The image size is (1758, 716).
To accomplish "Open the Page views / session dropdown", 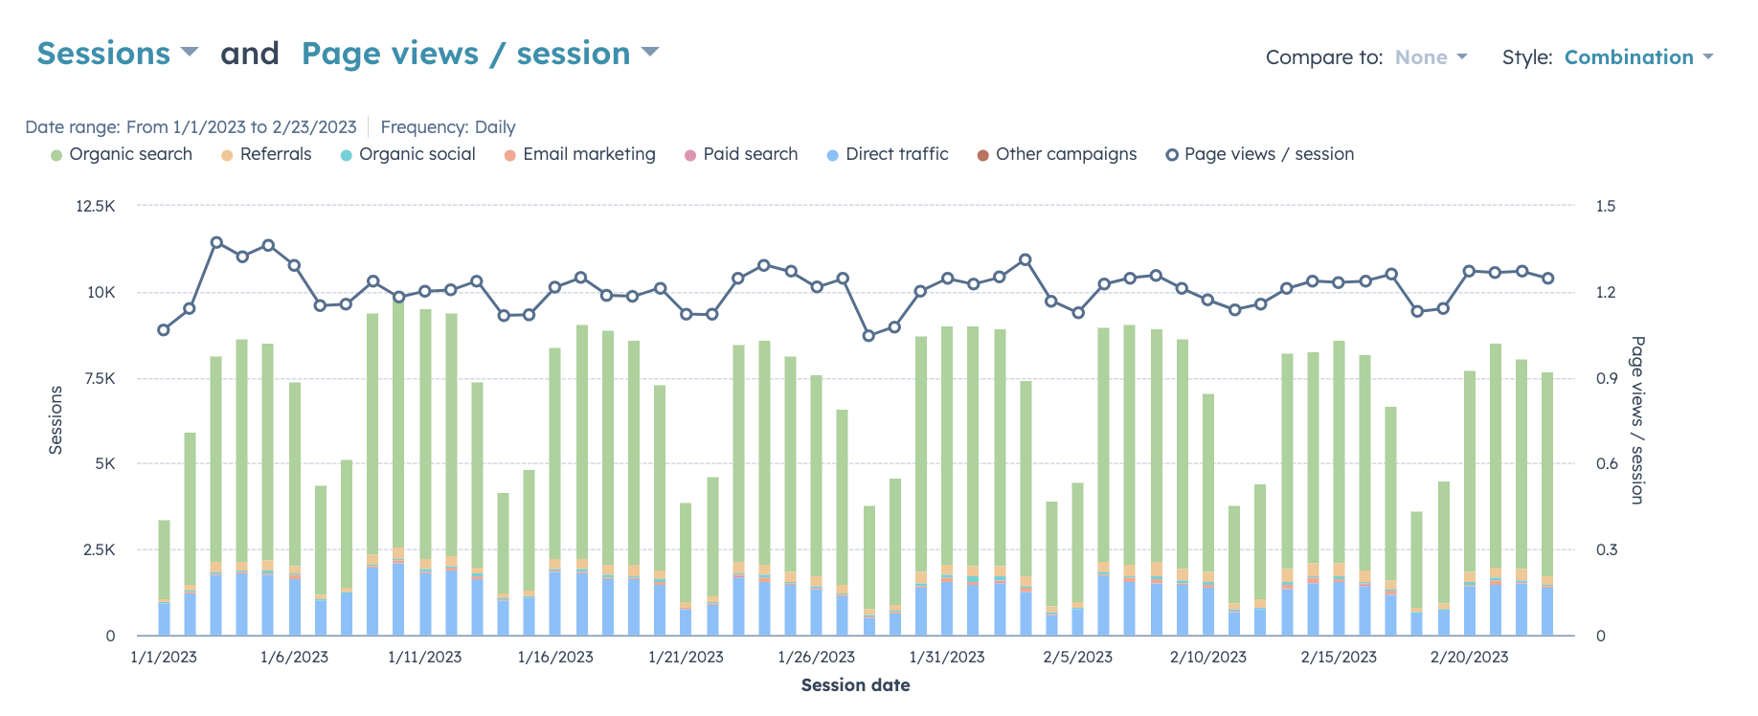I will click(x=480, y=54).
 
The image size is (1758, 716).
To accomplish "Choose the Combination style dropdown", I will click(x=1637, y=57).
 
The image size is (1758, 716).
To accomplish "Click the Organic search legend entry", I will click(x=122, y=154).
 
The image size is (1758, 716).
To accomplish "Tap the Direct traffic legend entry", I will click(x=888, y=154).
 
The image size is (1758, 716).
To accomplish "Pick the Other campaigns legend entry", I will click(x=1057, y=154).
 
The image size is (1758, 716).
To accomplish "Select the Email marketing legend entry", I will click(x=580, y=154).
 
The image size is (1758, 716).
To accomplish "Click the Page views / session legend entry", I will click(x=1260, y=154).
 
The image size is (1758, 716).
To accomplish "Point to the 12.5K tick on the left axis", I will click(x=96, y=206).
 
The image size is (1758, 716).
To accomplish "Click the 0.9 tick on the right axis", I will click(x=1606, y=378).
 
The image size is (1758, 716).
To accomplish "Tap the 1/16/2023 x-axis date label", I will click(x=555, y=657).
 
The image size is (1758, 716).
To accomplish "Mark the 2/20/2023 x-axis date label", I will click(x=1469, y=657).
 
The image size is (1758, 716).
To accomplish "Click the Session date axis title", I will click(x=855, y=685).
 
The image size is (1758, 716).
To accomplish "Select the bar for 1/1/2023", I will click(x=164, y=574).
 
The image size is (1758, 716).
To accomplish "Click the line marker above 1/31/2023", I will click(x=947, y=279).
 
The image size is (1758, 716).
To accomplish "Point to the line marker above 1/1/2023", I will click(x=164, y=330).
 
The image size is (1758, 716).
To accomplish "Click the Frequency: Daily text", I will click(x=448, y=127).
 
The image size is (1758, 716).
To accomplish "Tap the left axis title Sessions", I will click(x=56, y=419).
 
